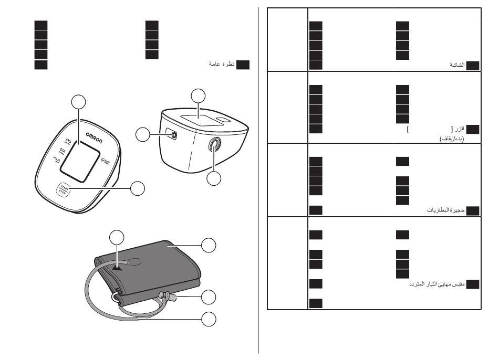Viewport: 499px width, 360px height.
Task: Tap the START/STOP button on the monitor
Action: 64,188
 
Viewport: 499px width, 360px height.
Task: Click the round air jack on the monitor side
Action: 213,145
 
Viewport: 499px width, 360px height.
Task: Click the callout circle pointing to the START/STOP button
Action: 138,188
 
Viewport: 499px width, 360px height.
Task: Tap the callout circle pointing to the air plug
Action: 209,297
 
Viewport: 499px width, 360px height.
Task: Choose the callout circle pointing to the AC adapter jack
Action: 142,134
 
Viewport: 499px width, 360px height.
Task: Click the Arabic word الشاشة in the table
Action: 456,65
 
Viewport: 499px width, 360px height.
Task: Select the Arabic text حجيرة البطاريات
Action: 445,210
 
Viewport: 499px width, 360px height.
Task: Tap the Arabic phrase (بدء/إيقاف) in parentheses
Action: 451,140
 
